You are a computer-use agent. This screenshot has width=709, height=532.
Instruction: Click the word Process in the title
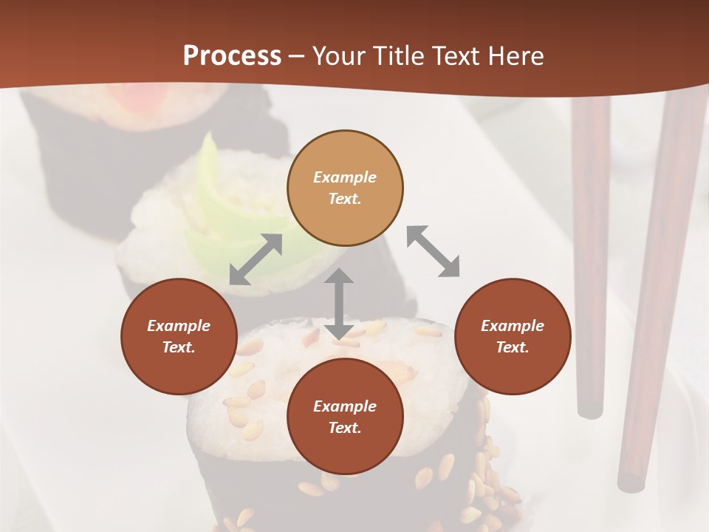pos(232,55)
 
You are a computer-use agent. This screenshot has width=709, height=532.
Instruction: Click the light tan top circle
pos(345,188)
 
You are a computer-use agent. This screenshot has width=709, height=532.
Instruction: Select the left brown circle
pos(179,337)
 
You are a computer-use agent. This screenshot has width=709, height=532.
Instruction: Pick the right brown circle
pos(513,337)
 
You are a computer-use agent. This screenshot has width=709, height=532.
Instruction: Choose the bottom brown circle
pos(345,417)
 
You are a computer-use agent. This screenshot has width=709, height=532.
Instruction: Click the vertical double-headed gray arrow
pos(339,304)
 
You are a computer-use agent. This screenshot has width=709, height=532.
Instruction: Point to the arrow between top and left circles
pos(256,259)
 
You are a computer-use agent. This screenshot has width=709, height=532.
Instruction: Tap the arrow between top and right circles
pos(434,251)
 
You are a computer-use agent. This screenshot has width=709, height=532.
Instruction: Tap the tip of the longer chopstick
pos(631,484)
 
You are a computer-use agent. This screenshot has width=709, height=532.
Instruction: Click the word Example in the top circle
pos(345,177)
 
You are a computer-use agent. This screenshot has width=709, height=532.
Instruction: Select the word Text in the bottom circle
pos(343,428)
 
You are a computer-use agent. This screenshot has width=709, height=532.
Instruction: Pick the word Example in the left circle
pos(179,326)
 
